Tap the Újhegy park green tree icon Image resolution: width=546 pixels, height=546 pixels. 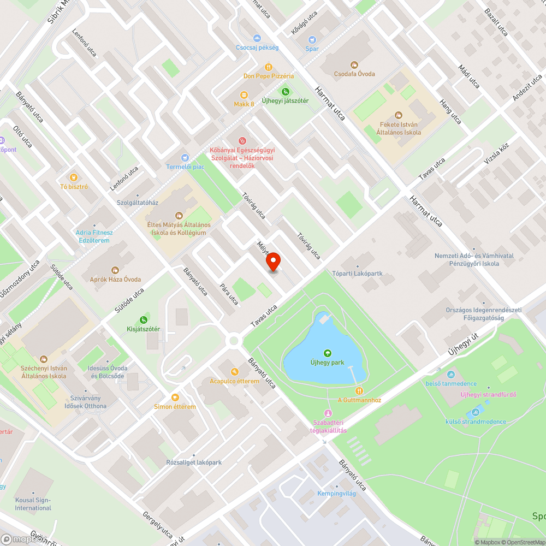(328, 353)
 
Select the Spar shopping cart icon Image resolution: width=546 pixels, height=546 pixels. (312, 39)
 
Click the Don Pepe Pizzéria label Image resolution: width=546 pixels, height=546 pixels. (269, 76)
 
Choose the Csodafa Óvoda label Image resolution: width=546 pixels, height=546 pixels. (355, 74)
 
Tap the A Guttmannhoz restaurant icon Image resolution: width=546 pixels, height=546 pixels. (359, 390)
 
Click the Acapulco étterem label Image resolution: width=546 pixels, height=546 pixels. (234, 381)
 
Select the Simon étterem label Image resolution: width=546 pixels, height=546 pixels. (175, 407)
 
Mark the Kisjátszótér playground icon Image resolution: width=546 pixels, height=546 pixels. (144, 319)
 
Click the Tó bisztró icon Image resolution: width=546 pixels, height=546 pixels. (74, 177)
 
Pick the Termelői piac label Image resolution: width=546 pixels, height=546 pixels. (186, 167)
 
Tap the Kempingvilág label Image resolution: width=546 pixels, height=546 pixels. (336, 494)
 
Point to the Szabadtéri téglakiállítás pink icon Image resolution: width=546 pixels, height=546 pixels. (328, 413)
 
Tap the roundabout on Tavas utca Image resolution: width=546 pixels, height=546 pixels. (234, 341)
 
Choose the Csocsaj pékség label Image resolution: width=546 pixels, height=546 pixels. (257, 48)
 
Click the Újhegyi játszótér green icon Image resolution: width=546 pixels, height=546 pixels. (284, 91)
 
